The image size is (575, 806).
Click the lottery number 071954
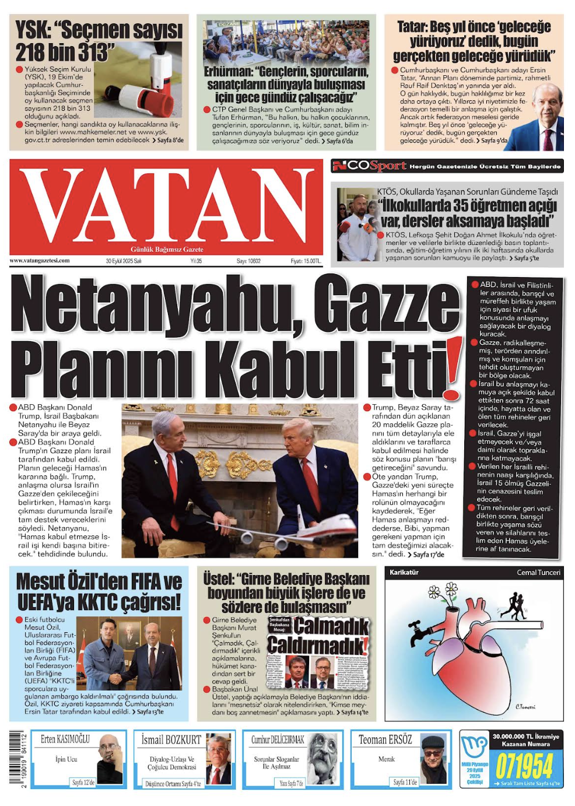pyautogui.click(x=524, y=766)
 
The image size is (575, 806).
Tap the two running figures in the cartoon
pyautogui.click(x=514, y=606)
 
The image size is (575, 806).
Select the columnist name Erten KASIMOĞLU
pyautogui.click(x=65, y=740)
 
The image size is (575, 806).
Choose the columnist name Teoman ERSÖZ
pyautogui.click(x=385, y=740)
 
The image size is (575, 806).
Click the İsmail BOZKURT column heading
pyautogui.click(x=171, y=740)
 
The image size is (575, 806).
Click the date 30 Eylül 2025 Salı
pyautogui.click(x=124, y=261)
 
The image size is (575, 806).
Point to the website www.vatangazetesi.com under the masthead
pyautogui.click(x=40, y=261)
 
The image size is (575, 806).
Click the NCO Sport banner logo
pyautogui.click(x=369, y=166)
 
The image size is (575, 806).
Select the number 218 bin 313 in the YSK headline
pyautogui.click(x=62, y=52)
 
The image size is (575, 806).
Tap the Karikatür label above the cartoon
pyautogui.click(x=404, y=572)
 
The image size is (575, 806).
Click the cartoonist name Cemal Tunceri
pyautogui.click(x=538, y=572)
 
